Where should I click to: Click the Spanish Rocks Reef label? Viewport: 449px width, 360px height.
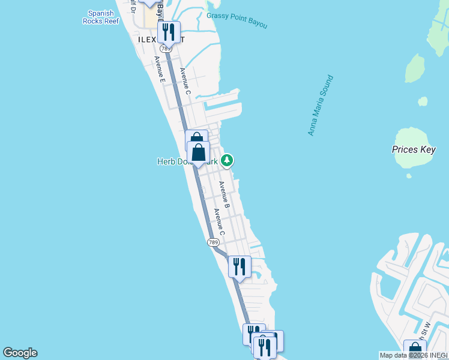tap(101, 17)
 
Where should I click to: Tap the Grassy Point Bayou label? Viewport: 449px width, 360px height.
tap(237, 20)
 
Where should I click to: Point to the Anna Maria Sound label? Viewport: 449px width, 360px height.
tap(321, 106)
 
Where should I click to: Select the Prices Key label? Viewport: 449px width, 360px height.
tap(413, 149)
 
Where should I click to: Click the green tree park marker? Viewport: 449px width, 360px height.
tap(227, 160)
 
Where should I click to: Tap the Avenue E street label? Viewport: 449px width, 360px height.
tap(159, 68)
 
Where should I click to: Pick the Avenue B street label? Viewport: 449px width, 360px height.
tap(223, 195)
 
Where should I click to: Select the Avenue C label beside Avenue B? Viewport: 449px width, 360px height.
tap(220, 221)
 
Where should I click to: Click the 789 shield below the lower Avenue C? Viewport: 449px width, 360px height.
tap(213, 242)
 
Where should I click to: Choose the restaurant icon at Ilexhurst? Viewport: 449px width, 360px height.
tap(169, 32)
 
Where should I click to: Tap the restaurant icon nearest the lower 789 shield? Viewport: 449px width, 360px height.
tap(240, 266)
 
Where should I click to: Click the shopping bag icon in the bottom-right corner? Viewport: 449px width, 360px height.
tap(415, 350)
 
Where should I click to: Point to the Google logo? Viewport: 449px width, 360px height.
tap(20, 353)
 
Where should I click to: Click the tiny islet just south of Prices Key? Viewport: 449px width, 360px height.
tap(409, 176)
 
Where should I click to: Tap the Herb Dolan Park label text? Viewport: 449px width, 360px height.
tap(172, 161)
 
